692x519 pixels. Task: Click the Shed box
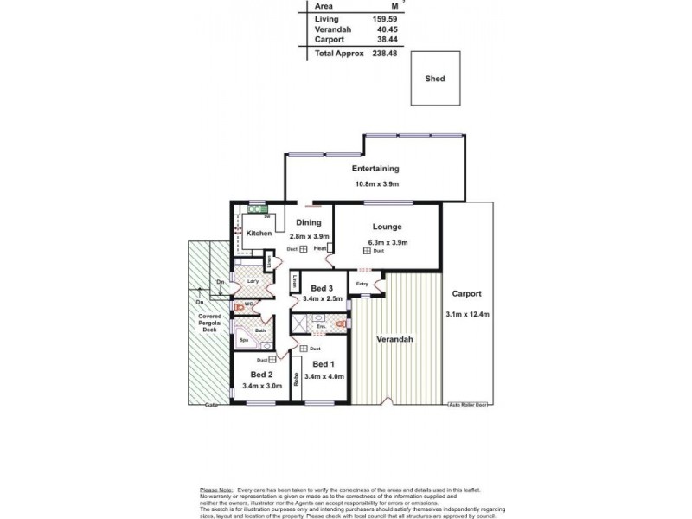(435, 79)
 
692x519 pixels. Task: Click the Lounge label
(388, 227)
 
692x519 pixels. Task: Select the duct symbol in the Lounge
(367, 251)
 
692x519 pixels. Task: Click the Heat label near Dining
(320, 249)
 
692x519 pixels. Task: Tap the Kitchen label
(259, 234)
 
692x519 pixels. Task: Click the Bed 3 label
(322, 288)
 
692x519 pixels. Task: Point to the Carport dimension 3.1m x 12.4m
(467, 314)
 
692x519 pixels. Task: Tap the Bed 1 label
(323, 363)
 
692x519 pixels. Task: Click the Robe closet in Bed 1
(296, 377)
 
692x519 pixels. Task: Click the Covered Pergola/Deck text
(210, 324)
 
